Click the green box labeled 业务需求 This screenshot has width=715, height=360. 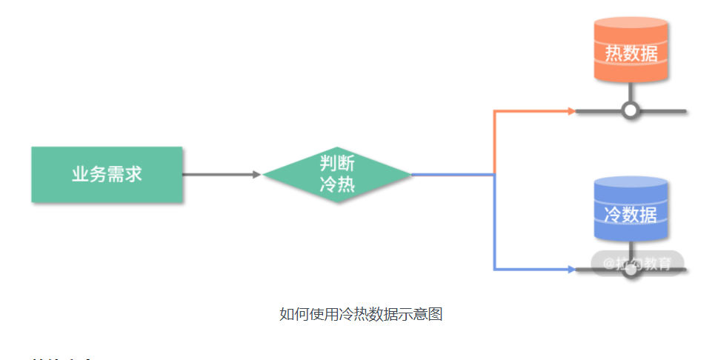click(x=107, y=175)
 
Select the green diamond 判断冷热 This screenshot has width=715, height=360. click(x=337, y=175)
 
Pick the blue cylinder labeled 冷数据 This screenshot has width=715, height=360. click(x=631, y=211)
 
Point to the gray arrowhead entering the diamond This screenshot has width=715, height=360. click(x=257, y=175)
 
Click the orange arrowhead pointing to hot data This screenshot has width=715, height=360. click(x=571, y=111)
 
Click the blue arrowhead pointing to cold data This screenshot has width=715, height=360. click(x=571, y=270)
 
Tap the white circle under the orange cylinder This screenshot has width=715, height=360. click(x=631, y=111)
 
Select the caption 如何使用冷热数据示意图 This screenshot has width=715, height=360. click(x=361, y=313)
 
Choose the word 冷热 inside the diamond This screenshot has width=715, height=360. click(x=337, y=185)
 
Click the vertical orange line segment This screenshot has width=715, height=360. click(x=494, y=142)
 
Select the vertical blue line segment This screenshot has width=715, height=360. click(x=494, y=222)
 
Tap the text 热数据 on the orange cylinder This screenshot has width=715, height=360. click(x=631, y=53)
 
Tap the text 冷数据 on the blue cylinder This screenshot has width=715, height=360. click(x=631, y=215)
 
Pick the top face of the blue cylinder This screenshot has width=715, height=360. click(x=631, y=184)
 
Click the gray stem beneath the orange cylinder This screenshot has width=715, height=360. click(x=631, y=92)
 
